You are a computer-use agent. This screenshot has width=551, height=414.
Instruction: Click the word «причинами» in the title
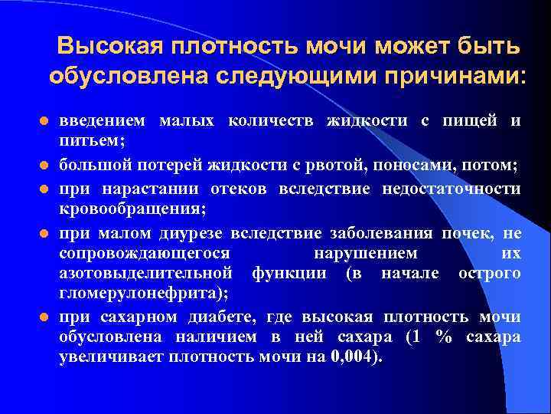[x=447, y=77]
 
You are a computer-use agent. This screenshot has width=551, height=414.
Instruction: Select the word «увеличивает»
[x=107, y=357]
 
